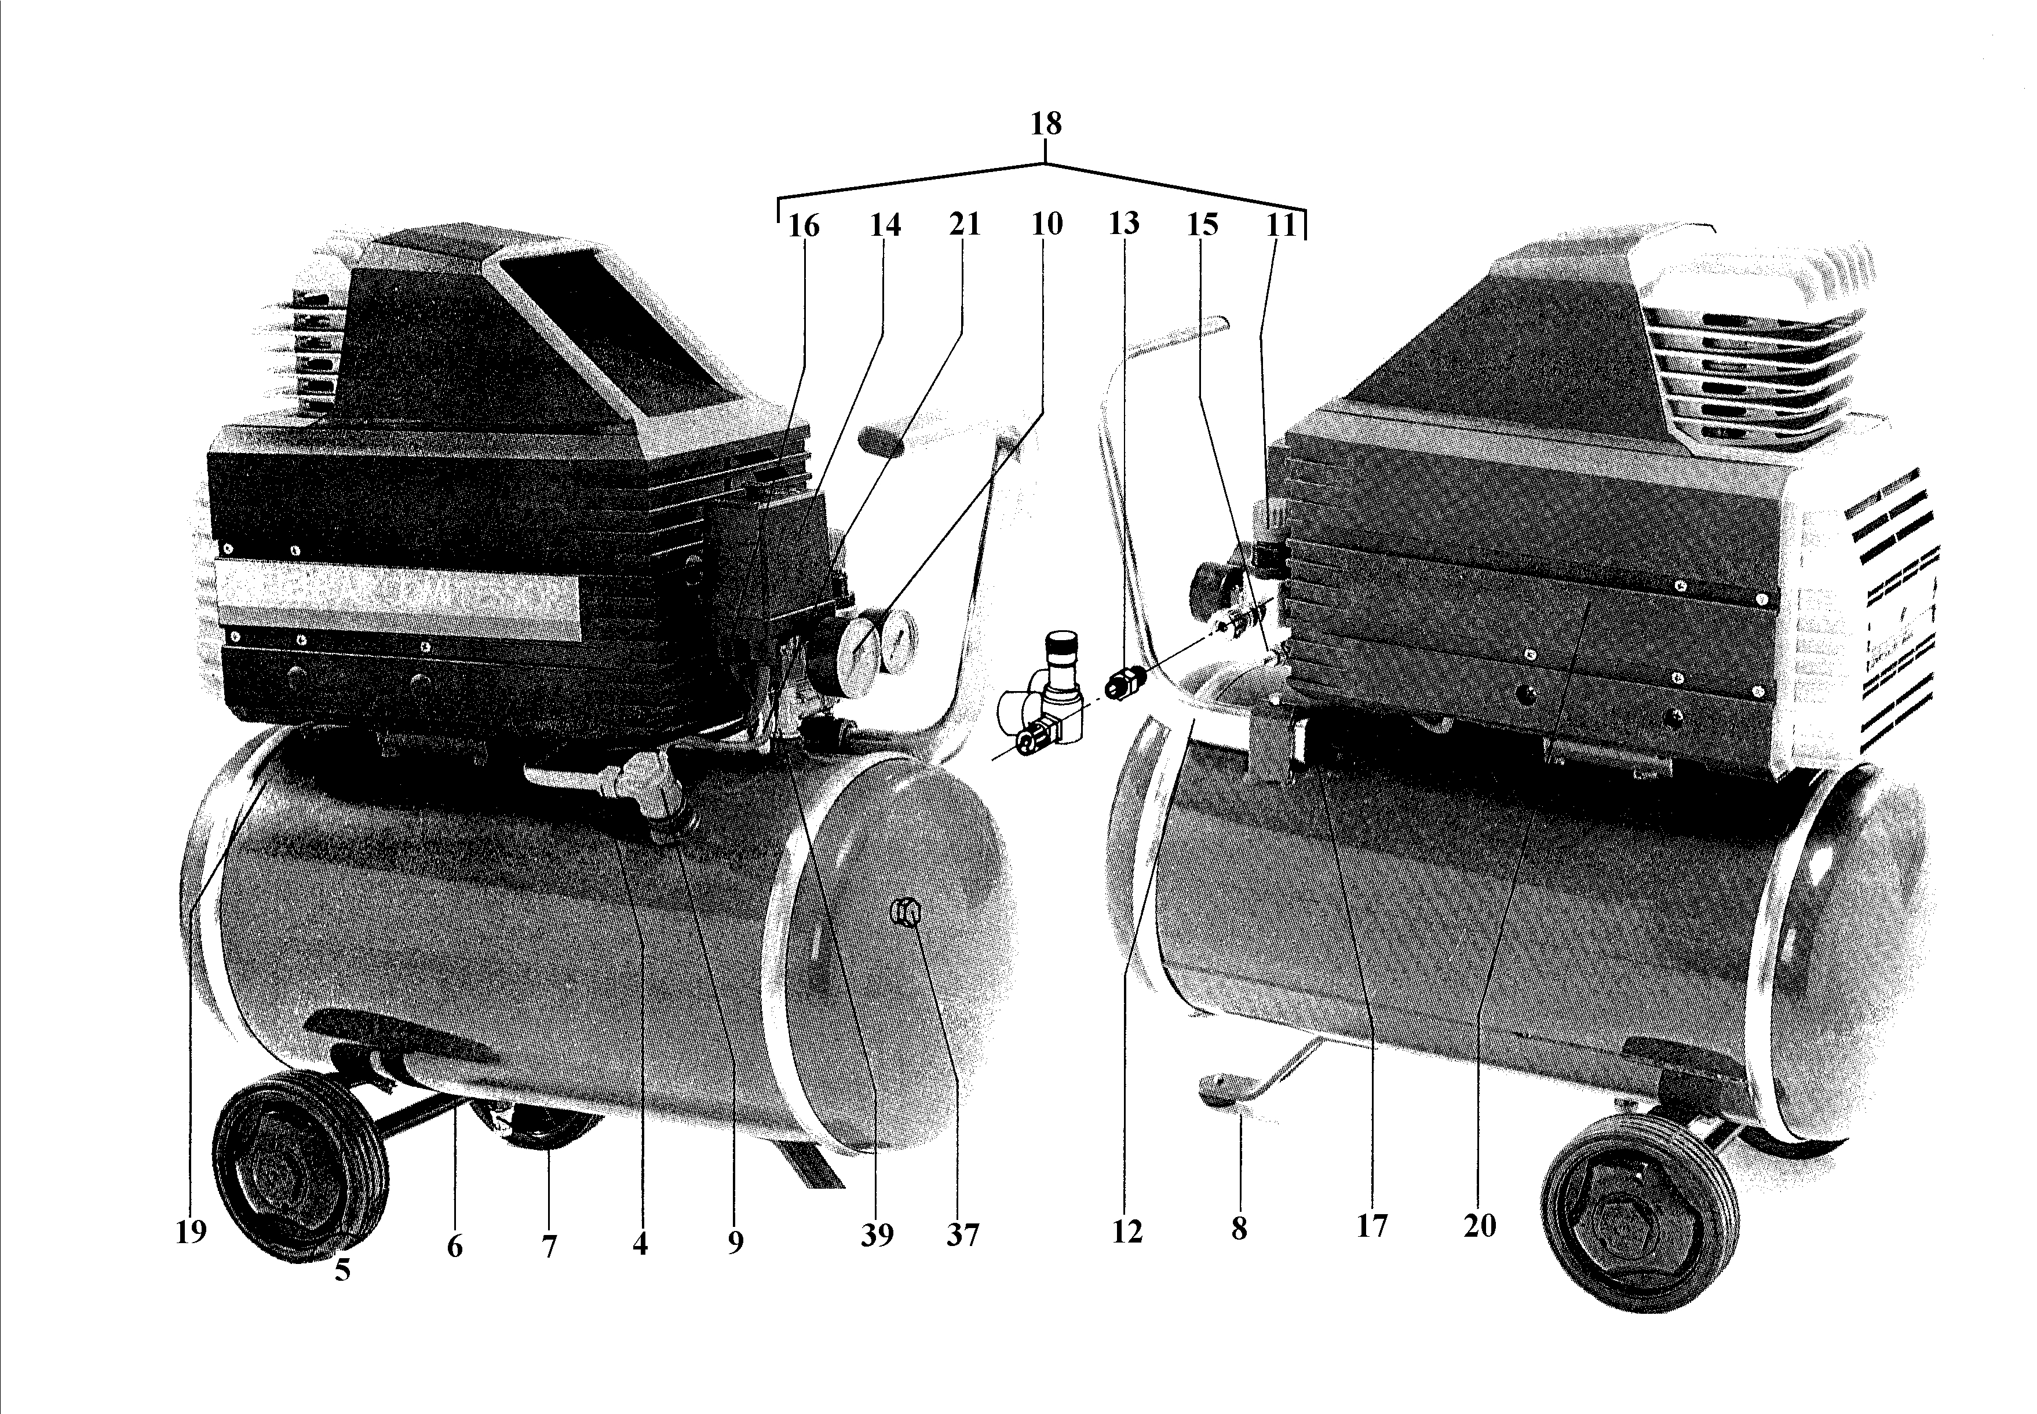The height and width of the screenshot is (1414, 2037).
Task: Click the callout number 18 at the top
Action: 1046,124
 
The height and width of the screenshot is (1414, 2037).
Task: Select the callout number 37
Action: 962,1234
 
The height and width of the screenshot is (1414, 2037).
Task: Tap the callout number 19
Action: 191,1232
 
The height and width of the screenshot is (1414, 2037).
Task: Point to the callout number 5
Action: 343,1270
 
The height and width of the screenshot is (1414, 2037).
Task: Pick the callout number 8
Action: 1239,1228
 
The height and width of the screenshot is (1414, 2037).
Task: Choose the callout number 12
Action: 1127,1232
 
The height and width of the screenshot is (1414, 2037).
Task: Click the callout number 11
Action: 1281,224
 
